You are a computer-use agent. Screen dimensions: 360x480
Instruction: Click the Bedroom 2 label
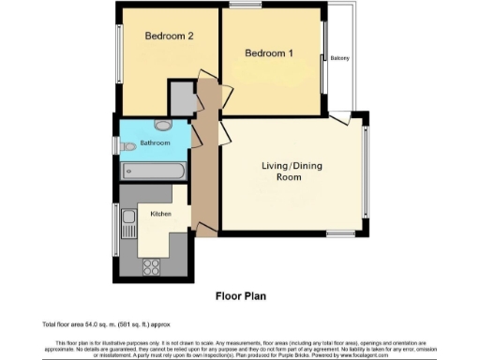(169, 37)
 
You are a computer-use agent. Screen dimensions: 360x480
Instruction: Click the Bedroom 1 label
(269, 53)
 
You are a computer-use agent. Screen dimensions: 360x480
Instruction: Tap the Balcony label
(339, 59)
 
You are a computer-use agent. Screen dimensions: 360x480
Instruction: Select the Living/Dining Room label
(287, 171)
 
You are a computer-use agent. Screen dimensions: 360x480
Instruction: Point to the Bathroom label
(155, 143)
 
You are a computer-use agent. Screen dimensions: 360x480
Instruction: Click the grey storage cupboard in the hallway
(180, 97)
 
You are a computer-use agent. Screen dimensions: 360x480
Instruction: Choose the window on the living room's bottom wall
(339, 232)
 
